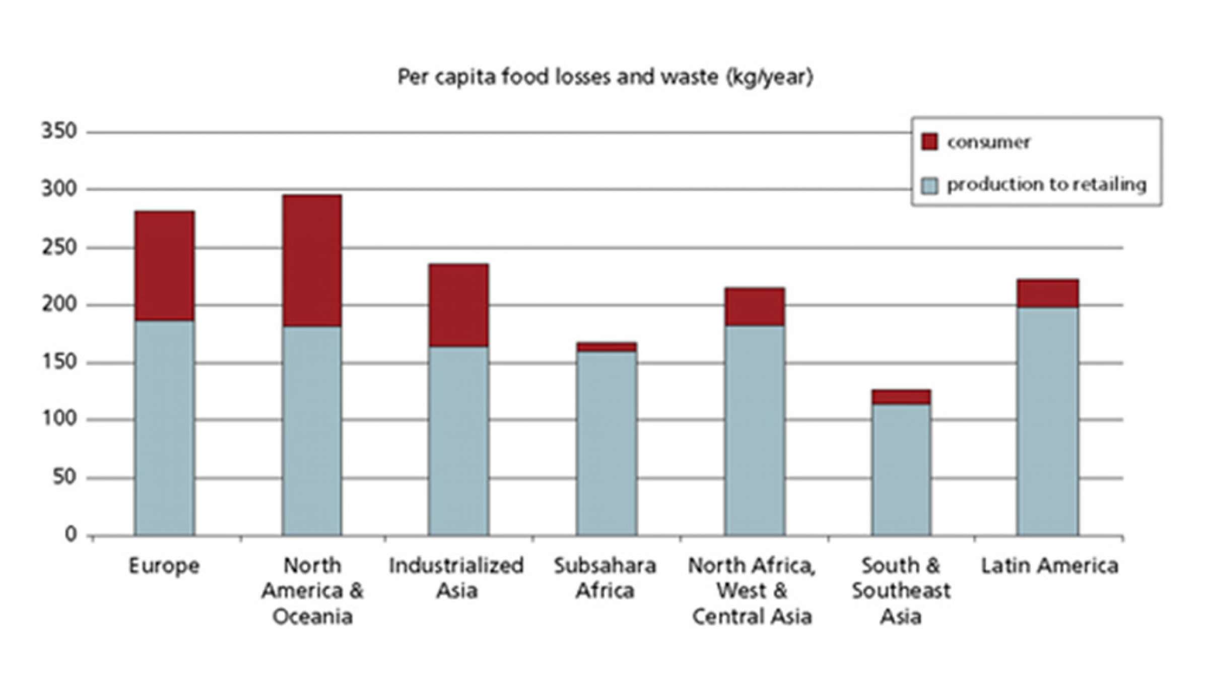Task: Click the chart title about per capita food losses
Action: pos(605,78)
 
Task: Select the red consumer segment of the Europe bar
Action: pos(164,266)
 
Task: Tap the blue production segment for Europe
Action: pos(164,428)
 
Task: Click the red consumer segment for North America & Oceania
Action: pos(312,261)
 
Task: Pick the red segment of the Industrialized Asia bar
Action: pos(458,305)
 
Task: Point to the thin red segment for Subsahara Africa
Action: pos(607,347)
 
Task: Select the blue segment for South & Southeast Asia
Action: pos(901,469)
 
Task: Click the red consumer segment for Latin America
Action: pos(1048,294)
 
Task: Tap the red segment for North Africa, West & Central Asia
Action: pos(754,307)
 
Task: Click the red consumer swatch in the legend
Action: pos(929,142)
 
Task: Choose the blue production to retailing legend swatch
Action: pos(929,185)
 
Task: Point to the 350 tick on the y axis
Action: pos(59,131)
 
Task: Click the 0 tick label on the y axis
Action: pos(71,534)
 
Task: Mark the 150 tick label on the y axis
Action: pos(59,362)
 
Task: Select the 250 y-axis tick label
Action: pos(59,247)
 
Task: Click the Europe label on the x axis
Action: pos(164,566)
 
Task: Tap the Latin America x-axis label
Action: pos(1050,566)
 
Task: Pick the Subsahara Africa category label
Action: pos(605,578)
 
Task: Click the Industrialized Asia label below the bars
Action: pos(456,578)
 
